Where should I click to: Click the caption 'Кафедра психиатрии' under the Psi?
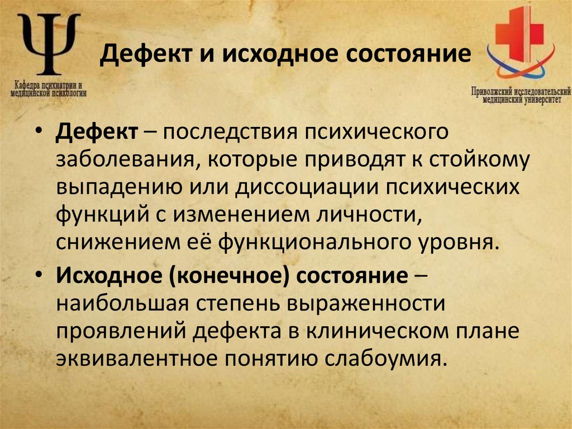pyautogui.click(x=50, y=86)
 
